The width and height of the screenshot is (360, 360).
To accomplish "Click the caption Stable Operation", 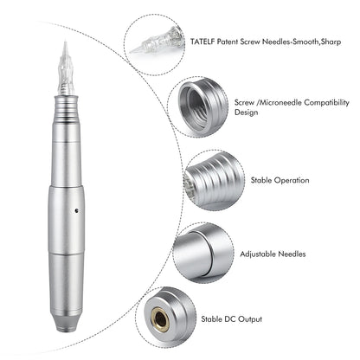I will click(x=280, y=180).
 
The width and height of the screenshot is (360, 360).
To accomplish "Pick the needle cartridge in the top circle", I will click(x=157, y=39).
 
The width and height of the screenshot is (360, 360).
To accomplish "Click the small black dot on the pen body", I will click(x=76, y=210).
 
